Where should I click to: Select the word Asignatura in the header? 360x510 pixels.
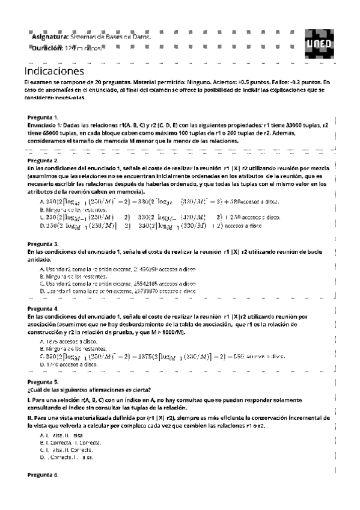point(50,37)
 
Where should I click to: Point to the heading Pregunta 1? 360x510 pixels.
point(43,117)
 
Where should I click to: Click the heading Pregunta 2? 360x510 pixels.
point(43,161)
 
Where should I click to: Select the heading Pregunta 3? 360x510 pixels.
point(43,244)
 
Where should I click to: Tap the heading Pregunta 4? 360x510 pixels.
point(43,308)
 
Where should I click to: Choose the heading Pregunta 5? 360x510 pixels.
point(43,382)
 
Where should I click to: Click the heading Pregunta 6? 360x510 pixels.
point(43,475)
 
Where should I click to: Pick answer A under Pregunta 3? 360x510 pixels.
point(117,268)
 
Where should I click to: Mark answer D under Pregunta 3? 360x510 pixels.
point(117,290)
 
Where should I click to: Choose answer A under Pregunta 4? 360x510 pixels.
point(68,341)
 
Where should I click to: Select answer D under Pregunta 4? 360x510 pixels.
point(68,364)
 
